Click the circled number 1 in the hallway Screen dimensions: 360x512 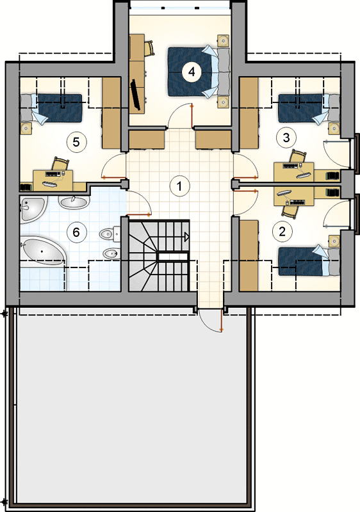(179, 186)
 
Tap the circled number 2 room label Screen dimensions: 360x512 (282, 232)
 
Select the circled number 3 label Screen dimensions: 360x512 (286, 138)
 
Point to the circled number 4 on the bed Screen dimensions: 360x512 (192, 72)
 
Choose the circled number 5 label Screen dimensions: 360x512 (76, 142)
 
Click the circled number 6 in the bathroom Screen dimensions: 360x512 (76, 232)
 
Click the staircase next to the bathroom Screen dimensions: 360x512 (160, 255)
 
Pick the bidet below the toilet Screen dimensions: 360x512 (110, 253)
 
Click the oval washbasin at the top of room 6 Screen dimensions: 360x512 (74, 202)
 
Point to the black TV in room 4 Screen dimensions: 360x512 (136, 95)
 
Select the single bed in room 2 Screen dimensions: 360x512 (308, 261)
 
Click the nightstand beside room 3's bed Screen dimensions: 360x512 (334, 128)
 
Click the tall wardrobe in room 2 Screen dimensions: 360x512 (249, 255)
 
